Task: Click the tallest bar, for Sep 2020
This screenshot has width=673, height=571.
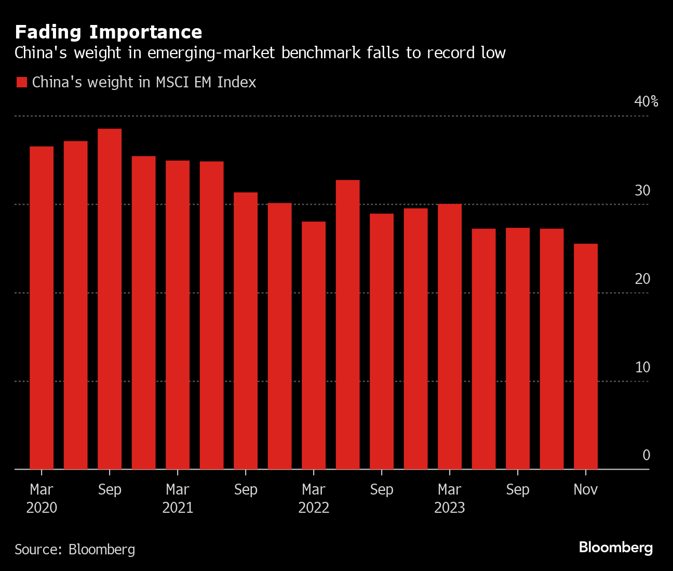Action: [110, 299]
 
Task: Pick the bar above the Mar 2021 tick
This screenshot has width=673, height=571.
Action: [178, 315]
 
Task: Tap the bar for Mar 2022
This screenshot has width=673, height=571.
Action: [314, 345]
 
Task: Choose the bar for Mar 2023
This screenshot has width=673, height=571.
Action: [450, 336]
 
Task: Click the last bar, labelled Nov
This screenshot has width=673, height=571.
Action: [586, 356]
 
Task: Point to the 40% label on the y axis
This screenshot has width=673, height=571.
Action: [646, 101]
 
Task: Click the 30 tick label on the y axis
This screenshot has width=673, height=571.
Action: [642, 190]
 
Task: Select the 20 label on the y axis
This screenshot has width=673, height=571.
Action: [642, 279]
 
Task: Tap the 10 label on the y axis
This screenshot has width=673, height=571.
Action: [642, 367]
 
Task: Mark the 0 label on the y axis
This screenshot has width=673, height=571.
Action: [646, 455]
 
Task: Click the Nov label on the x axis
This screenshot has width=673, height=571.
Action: [586, 489]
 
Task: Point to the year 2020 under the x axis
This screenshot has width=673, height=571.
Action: [42, 508]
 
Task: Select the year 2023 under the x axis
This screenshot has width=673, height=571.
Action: [450, 508]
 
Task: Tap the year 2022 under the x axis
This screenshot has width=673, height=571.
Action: [314, 508]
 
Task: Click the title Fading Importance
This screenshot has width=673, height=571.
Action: [109, 32]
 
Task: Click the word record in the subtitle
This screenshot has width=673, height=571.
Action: [451, 53]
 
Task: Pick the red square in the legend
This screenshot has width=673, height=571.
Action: [21, 82]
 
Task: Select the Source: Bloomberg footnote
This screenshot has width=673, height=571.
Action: [75, 549]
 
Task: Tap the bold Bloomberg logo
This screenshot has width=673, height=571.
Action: [616, 547]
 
